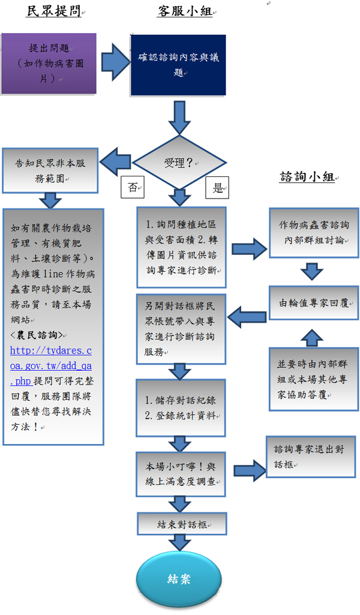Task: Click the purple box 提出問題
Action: click(49, 63)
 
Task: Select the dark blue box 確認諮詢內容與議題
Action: click(178, 64)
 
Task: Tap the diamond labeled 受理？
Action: click(178, 163)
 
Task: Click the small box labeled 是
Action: click(217, 188)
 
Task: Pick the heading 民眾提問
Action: click(54, 11)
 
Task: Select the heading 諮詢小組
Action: click(308, 177)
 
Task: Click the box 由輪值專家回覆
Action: click(314, 304)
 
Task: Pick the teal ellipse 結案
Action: click(179, 579)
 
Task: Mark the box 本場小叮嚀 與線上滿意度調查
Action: click(180, 473)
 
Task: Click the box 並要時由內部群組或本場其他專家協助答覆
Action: click(314, 379)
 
